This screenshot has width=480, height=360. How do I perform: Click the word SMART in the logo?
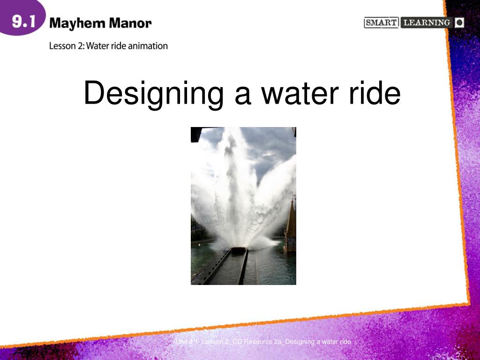tap(381, 22)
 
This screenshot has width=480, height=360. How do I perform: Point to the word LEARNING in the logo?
tap(427, 22)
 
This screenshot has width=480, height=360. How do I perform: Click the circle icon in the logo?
tap(459, 22)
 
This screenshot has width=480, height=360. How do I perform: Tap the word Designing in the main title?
tap(153, 93)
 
